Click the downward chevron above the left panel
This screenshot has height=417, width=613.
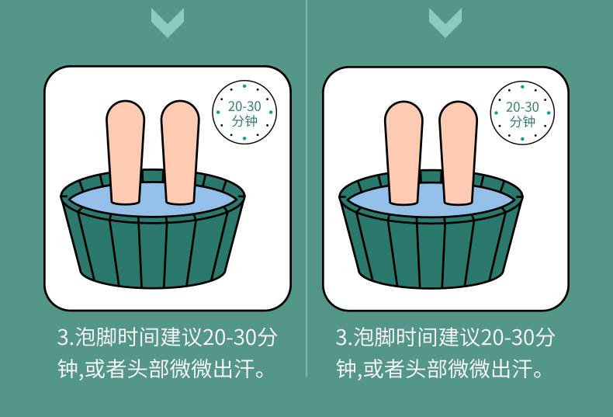tap(168, 23)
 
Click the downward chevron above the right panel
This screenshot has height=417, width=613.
tap(445, 23)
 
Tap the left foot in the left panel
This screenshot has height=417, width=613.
tap(125, 152)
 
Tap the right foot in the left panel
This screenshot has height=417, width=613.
tap(180, 152)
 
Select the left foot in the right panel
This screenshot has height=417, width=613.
tap(403, 153)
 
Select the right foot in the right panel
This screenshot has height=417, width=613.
tap(458, 153)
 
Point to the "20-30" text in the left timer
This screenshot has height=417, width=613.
tap(244, 106)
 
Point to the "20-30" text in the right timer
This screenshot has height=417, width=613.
tap(522, 106)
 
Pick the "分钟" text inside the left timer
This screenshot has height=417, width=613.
tap(244, 121)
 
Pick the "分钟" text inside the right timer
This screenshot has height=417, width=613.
tap(522, 121)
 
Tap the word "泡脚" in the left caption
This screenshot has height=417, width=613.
tap(95, 337)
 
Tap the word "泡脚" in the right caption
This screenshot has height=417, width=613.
tap(374, 337)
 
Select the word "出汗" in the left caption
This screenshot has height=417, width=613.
tap(234, 368)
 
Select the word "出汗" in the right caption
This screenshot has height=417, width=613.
tap(512, 368)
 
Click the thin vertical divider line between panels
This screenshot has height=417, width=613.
tap(306, 188)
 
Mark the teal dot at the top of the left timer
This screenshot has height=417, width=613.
tap(244, 85)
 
